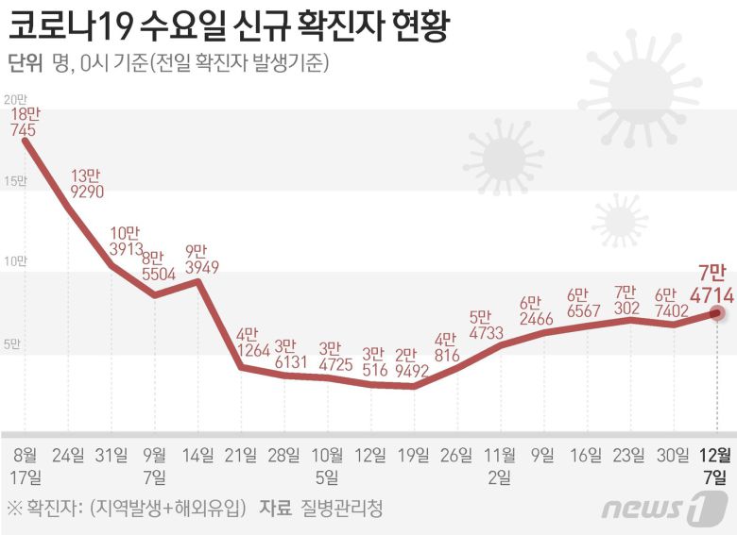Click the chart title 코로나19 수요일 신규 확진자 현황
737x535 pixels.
(x=227, y=25)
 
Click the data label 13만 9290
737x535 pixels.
(x=86, y=183)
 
